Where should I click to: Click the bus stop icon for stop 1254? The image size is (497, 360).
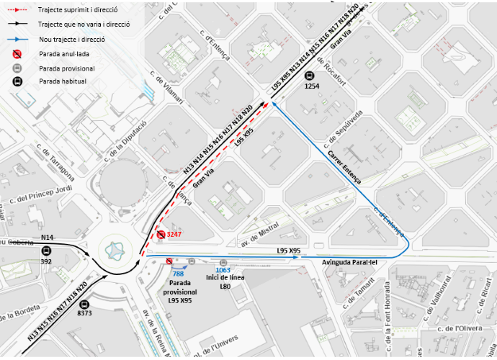point(310,74)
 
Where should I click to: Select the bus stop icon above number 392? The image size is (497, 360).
point(47,251)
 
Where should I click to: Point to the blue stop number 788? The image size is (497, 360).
point(178,274)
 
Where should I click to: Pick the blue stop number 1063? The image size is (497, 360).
point(223,271)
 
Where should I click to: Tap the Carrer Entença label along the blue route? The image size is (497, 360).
point(344,167)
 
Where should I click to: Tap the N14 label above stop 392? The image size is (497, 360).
point(48,237)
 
